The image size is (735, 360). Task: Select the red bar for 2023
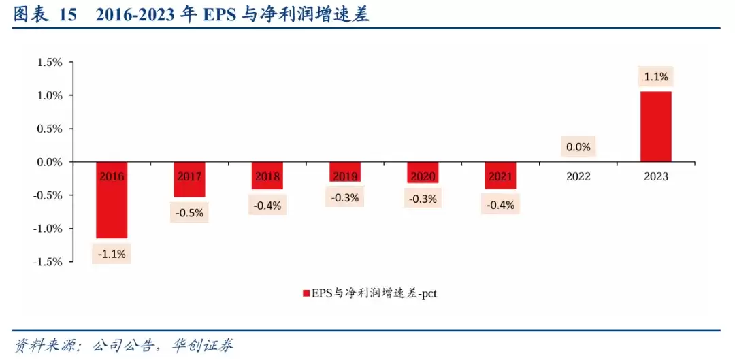click(x=655, y=127)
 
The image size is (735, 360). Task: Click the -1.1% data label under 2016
click(x=112, y=255)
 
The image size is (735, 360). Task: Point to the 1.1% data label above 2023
click(x=656, y=77)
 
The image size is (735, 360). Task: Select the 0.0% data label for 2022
click(x=578, y=146)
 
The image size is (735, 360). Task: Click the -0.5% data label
click(x=189, y=212)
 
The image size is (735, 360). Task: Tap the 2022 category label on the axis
click(x=578, y=176)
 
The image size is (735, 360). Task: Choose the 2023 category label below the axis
click(x=656, y=176)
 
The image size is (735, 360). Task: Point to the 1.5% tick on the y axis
click(x=50, y=62)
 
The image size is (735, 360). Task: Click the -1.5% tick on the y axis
click(x=48, y=262)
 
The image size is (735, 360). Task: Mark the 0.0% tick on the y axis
click(x=50, y=162)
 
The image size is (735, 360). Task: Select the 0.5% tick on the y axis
click(x=50, y=129)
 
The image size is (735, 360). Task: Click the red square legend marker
click(x=306, y=294)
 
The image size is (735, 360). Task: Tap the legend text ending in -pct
click(x=378, y=294)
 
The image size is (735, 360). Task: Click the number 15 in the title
click(x=68, y=15)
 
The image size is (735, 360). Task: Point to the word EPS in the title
click(x=220, y=15)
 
